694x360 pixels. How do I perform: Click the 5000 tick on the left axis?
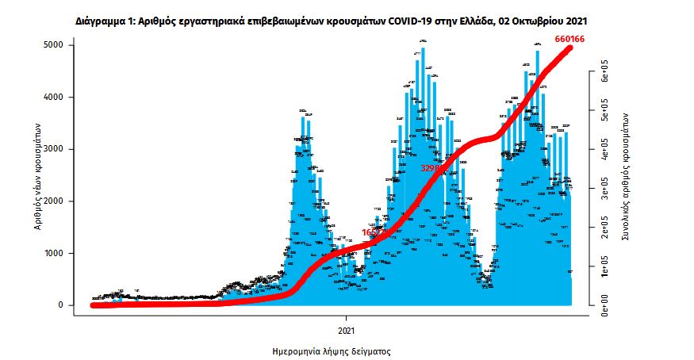coord(53,45)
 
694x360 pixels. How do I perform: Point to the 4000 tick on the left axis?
coord(53,98)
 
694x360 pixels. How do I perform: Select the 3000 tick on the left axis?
coord(53,149)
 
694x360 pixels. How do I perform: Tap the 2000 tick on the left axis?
coord(53,201)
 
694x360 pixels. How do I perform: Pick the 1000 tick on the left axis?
coord(53,254)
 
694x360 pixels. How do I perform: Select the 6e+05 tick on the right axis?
coord(604,71)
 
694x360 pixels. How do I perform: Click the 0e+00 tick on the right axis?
coord(604,304)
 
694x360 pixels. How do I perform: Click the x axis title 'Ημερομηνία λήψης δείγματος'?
coord(332,350)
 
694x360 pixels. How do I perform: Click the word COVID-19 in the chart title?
coord(408,17)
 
